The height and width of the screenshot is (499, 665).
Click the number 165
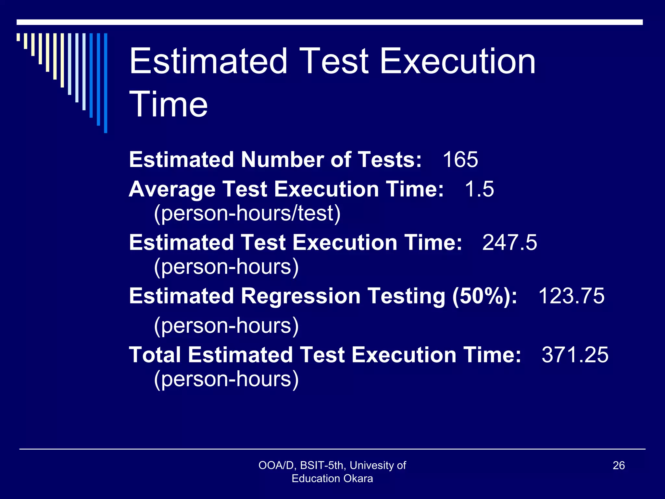pyautogui.click(x=460, y=160)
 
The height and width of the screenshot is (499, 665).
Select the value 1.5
pyautogui.click(x=479, y=189)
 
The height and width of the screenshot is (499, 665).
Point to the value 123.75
pyautogui.click(x=571, y=296)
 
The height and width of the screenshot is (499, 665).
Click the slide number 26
pyautogui.click(x=619, y=465)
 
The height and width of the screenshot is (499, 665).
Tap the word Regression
pyautogui.click(x=301, y=296)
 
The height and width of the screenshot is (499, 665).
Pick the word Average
pyautogui.click(x=172, y=189)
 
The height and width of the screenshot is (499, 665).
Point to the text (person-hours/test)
pyautogui.click(x=247, y=213)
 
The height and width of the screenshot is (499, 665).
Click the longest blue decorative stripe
pyautogui.click(x=106, y=83)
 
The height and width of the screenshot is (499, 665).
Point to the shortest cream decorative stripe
pyautogui.click(x=19, y=37)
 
